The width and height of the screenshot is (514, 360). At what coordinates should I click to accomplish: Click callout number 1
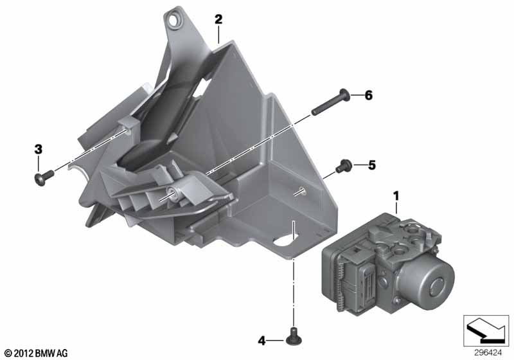pos(396,197)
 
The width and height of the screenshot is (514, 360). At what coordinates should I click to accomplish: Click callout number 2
pos(218,19)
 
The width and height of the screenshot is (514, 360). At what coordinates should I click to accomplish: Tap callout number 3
pos(39,150)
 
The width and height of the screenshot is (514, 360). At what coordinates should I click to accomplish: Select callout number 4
pos(261,341)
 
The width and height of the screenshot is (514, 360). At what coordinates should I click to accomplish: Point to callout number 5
pos(372,165)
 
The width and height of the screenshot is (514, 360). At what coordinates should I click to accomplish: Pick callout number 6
pos(369,95)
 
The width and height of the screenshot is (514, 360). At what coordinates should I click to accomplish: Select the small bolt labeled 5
pos(344,166)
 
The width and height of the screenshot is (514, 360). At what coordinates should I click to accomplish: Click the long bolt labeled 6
pos(330,102)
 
